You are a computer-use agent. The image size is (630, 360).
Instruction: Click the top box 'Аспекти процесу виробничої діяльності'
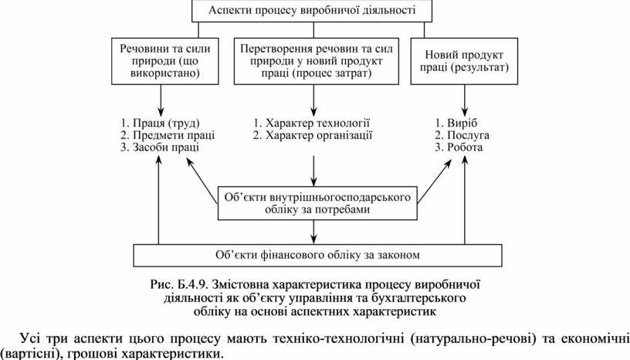pos(312,11)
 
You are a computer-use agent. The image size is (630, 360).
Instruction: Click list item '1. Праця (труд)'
pos(160,122)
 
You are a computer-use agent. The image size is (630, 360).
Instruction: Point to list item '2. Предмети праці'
pos(167,134)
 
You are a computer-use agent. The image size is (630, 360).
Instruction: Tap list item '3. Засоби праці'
pos(160,147)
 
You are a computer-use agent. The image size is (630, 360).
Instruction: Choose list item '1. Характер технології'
pos(312,122)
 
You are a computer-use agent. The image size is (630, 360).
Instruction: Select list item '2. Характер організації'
pos(313,134)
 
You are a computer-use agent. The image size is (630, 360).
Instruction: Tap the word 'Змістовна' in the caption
pos(238,284)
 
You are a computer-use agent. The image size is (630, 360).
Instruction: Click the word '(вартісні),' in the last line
pos(29,353)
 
